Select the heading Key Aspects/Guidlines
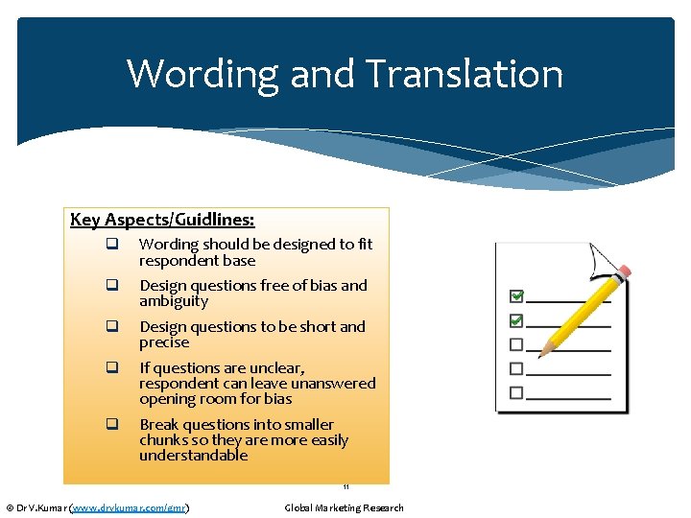pos(162,220)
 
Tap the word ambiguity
pos(173,301)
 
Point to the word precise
pos(164,342)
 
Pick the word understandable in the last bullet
pos(193,456)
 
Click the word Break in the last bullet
pos(158,425)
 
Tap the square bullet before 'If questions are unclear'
pos(111,368)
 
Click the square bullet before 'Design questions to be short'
pos(111,327)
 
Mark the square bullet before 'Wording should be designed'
pos(111,245)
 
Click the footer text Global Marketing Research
pos(344,507)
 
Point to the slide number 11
pos(345,487)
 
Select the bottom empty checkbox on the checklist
pos(516,392)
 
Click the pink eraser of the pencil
pos(624,271)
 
